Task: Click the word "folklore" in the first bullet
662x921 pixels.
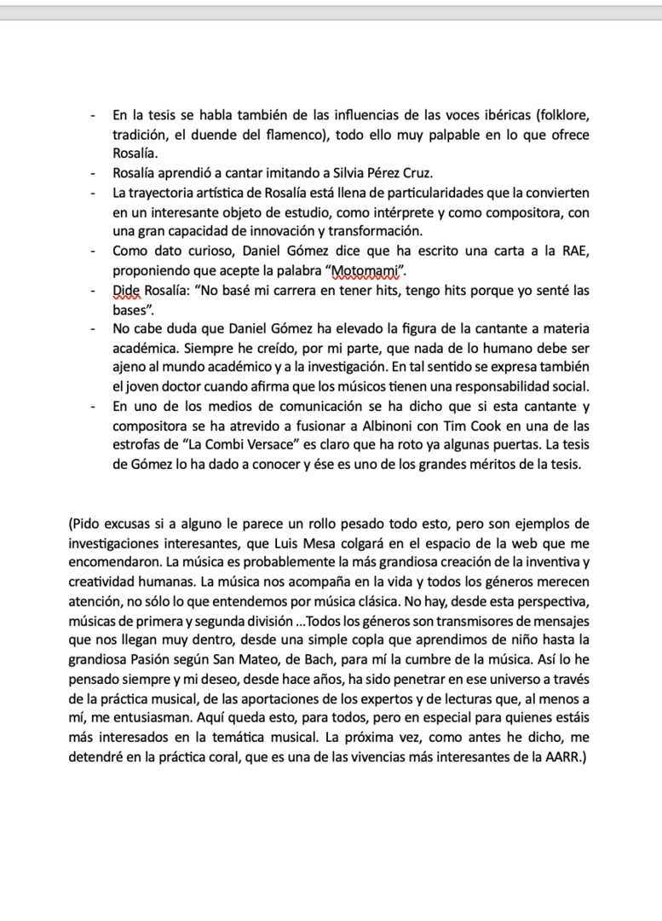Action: pos(557,114)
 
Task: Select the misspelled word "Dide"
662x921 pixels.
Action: pos(127,291)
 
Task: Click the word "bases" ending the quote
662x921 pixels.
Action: pos(130,310)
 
